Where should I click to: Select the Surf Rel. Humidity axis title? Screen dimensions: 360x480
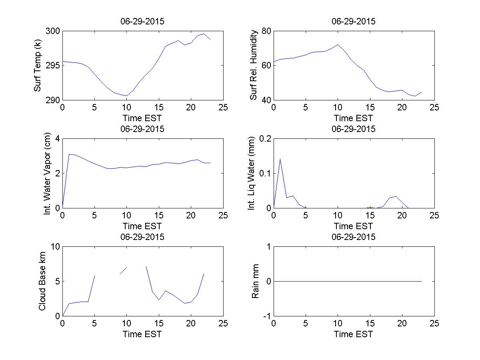(x=253, y=66)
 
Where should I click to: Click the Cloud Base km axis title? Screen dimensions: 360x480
(x=42, y=281)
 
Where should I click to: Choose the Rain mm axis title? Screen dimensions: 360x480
(x=255, y=281)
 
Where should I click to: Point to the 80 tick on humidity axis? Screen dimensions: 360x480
(x=266, y=31)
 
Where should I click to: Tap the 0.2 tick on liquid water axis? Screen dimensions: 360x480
(x=264, y=139)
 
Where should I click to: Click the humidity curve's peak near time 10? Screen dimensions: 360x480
(x=338, y=44)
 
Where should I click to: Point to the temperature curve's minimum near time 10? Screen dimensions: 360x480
(x=126, y=96)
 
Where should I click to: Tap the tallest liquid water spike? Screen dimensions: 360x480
(x=280, y=159)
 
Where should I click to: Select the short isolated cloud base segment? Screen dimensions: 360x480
(x=123, y=270)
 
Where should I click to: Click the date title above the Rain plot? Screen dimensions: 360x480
(x=354, y=237)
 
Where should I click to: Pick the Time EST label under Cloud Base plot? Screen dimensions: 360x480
(x=142, y=334)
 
